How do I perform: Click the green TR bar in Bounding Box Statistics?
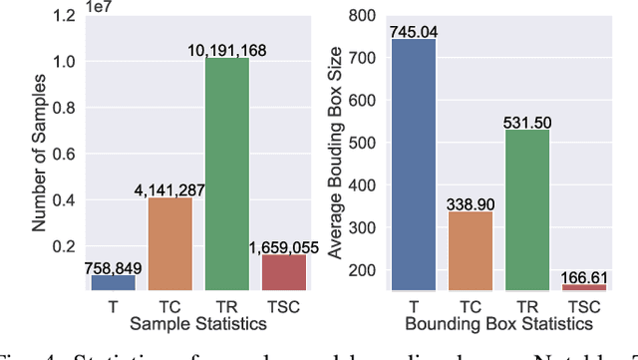[528, 209]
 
